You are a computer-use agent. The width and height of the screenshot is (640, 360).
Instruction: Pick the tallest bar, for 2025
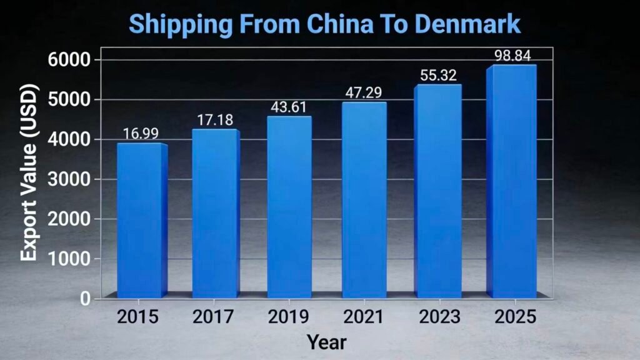512,181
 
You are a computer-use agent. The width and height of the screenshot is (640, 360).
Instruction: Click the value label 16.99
141,134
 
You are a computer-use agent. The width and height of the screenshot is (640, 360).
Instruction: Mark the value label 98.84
512,56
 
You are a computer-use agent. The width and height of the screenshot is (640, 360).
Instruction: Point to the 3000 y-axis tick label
71,179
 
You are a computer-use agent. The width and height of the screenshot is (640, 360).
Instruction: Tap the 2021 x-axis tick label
363,317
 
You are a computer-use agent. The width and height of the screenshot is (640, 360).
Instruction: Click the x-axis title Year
326,342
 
